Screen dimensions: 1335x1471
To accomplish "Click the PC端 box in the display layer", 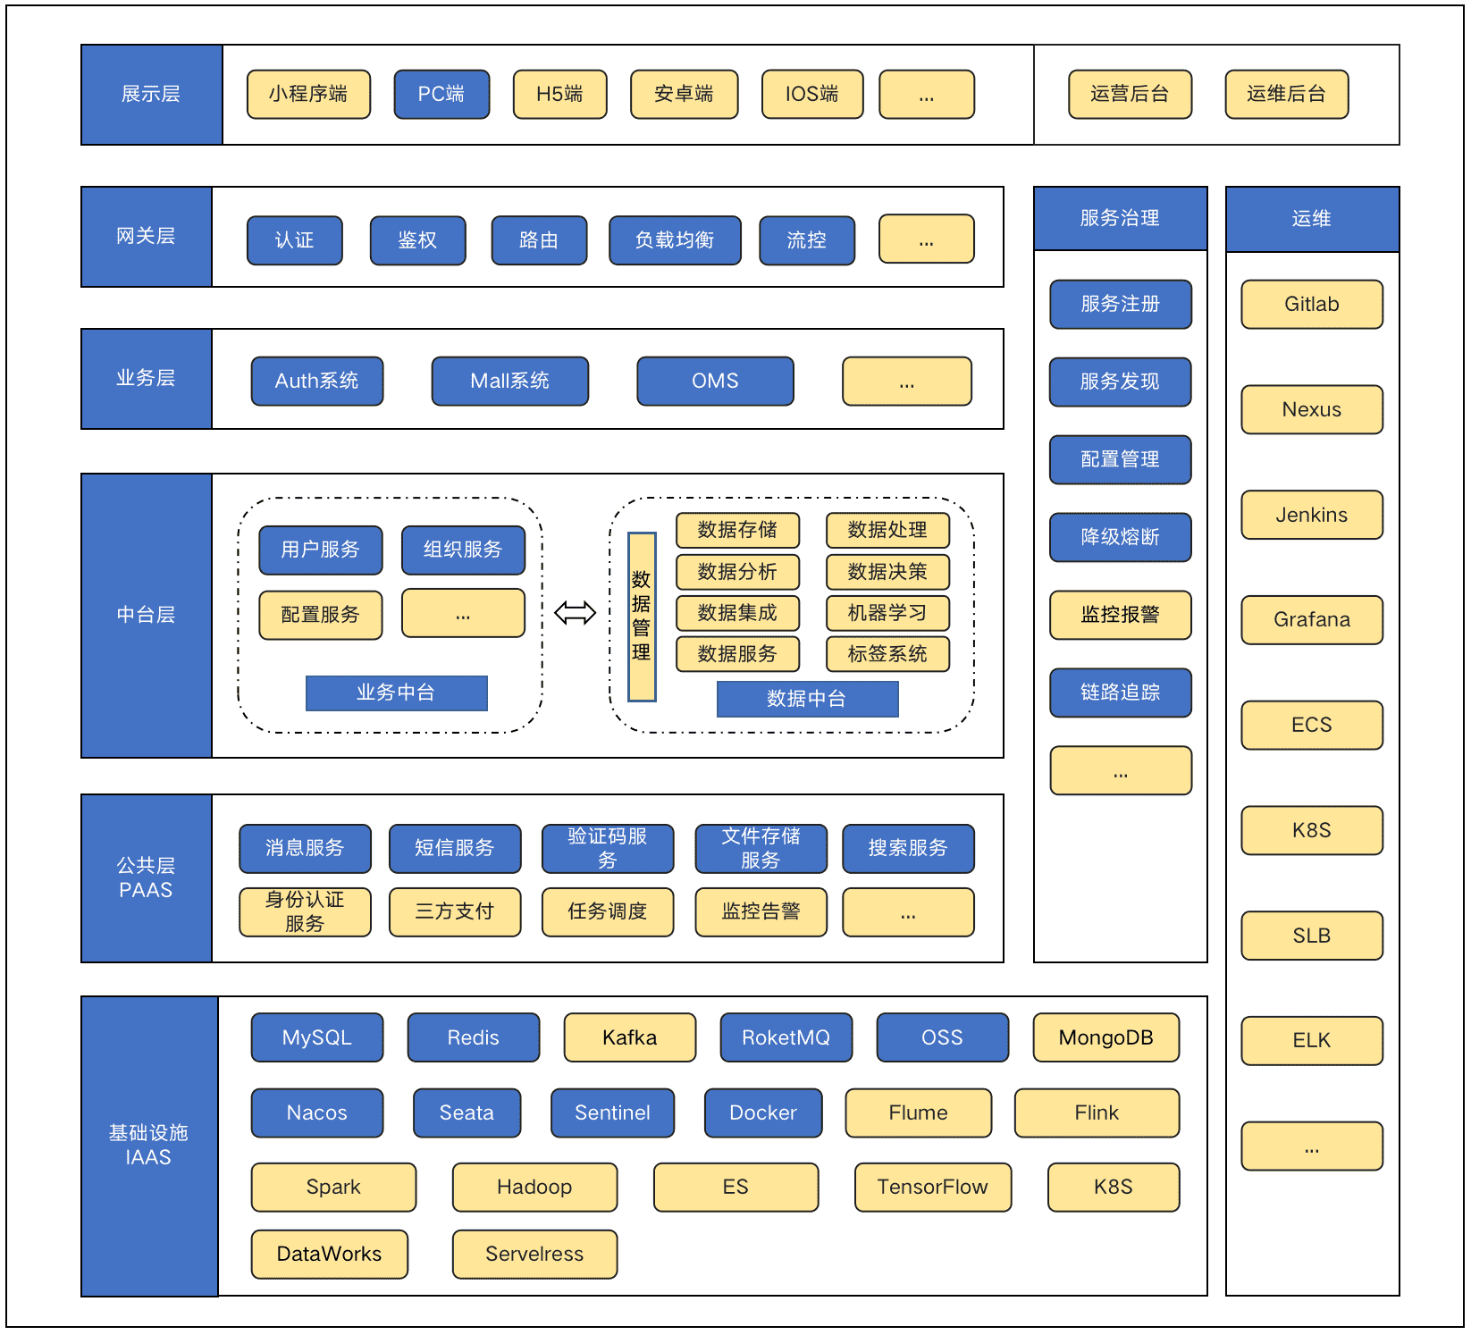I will click(441, 94).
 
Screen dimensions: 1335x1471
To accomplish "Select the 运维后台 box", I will click(1286, 94).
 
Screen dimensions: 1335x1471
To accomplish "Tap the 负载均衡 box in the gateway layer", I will click(675, 240).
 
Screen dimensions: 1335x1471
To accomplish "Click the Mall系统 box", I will click(509, 381).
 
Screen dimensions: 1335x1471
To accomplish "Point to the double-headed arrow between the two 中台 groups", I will click(575, 613).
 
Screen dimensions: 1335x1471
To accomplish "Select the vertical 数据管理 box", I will click(642, 617).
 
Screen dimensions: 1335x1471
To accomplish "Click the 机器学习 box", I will click(887, 613).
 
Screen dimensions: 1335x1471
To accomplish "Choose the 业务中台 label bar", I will click(396, 693).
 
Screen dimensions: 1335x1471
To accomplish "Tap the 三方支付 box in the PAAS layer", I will click(455, 911).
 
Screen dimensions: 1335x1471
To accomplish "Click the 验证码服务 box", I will click(608, 848).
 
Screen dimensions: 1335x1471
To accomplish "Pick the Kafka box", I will click(629, 1037).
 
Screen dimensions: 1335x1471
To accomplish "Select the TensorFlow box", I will click(932, 1187).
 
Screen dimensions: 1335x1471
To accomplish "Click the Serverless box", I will click(534, 1254).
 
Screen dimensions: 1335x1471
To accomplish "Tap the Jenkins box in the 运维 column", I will click(1311, 515).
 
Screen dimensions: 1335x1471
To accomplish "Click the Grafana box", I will click(1311, 619).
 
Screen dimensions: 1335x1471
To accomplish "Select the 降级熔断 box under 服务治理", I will click(1120, 537).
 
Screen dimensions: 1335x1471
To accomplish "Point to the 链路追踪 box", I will click(1120, 693).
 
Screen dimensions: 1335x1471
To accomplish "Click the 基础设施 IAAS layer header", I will click(149, 1146).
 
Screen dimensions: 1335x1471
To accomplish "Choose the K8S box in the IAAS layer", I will click(1113, 1187).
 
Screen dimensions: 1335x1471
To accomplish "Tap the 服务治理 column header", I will click(1120, 218).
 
